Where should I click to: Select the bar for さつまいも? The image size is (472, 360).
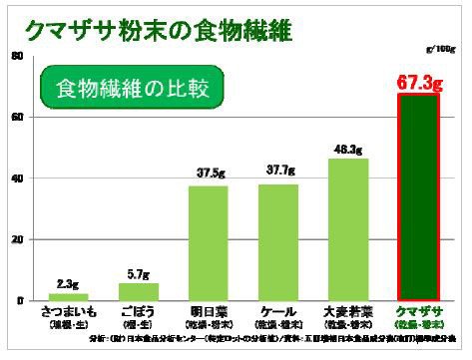[x=69, y=296]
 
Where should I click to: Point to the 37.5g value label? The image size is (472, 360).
[x=209, y=172]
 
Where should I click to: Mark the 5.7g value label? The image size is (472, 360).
[x=139, y=273]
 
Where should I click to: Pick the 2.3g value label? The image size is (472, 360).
[x=69, y=284]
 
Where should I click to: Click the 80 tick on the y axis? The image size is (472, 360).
[x=17, y=56]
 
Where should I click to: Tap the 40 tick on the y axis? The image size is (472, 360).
[x=17, y=179]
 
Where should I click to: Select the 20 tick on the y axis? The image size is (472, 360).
[x=17, y=240]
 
